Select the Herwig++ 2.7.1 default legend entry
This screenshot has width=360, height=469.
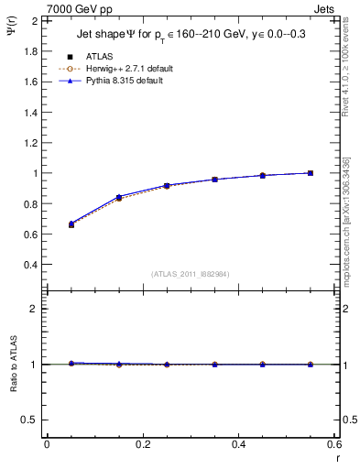pos(123,69)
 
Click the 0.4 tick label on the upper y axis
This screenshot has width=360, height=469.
pos(31,265)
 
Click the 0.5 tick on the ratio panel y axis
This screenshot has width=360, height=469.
pos(31,420)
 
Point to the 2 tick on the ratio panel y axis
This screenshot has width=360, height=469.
pos(35,309)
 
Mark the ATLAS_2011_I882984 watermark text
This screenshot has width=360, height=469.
pos(190,274)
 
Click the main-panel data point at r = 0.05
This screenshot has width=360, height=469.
pos(71,224)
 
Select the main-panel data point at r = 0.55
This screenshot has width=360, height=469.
pos(310,173)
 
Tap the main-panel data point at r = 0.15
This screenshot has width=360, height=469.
pos(118,197)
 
